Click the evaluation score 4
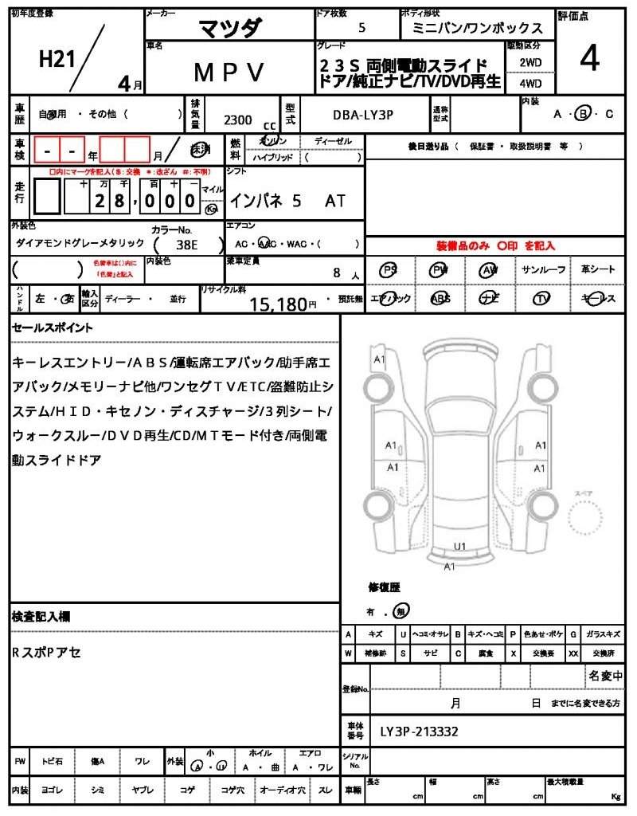[589, 57]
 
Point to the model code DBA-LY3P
[363, 115]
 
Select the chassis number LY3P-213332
[419, 731]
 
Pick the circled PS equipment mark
[389, 270]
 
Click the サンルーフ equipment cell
[544, 270]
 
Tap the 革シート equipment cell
[598, 270]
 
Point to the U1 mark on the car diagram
[459, 546]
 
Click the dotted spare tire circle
[588, 522]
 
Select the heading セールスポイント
[53, 328]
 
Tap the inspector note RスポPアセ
[46, 652]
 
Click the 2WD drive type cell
[530, 61]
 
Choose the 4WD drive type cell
[530, 82]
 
